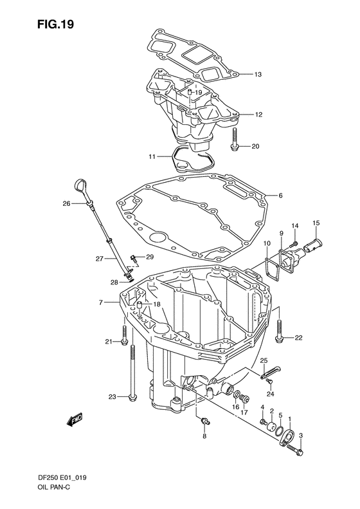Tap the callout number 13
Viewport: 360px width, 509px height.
[258, 75]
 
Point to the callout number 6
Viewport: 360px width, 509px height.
[280, 196]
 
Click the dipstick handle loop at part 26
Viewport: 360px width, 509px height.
[81, 187]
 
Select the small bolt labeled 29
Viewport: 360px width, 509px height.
[133, 259]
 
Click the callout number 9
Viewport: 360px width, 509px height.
[281, 232]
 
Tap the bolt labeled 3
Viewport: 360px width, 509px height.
[301, 452]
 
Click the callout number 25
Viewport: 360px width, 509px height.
[263, 360]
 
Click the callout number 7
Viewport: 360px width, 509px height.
[101, 302]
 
